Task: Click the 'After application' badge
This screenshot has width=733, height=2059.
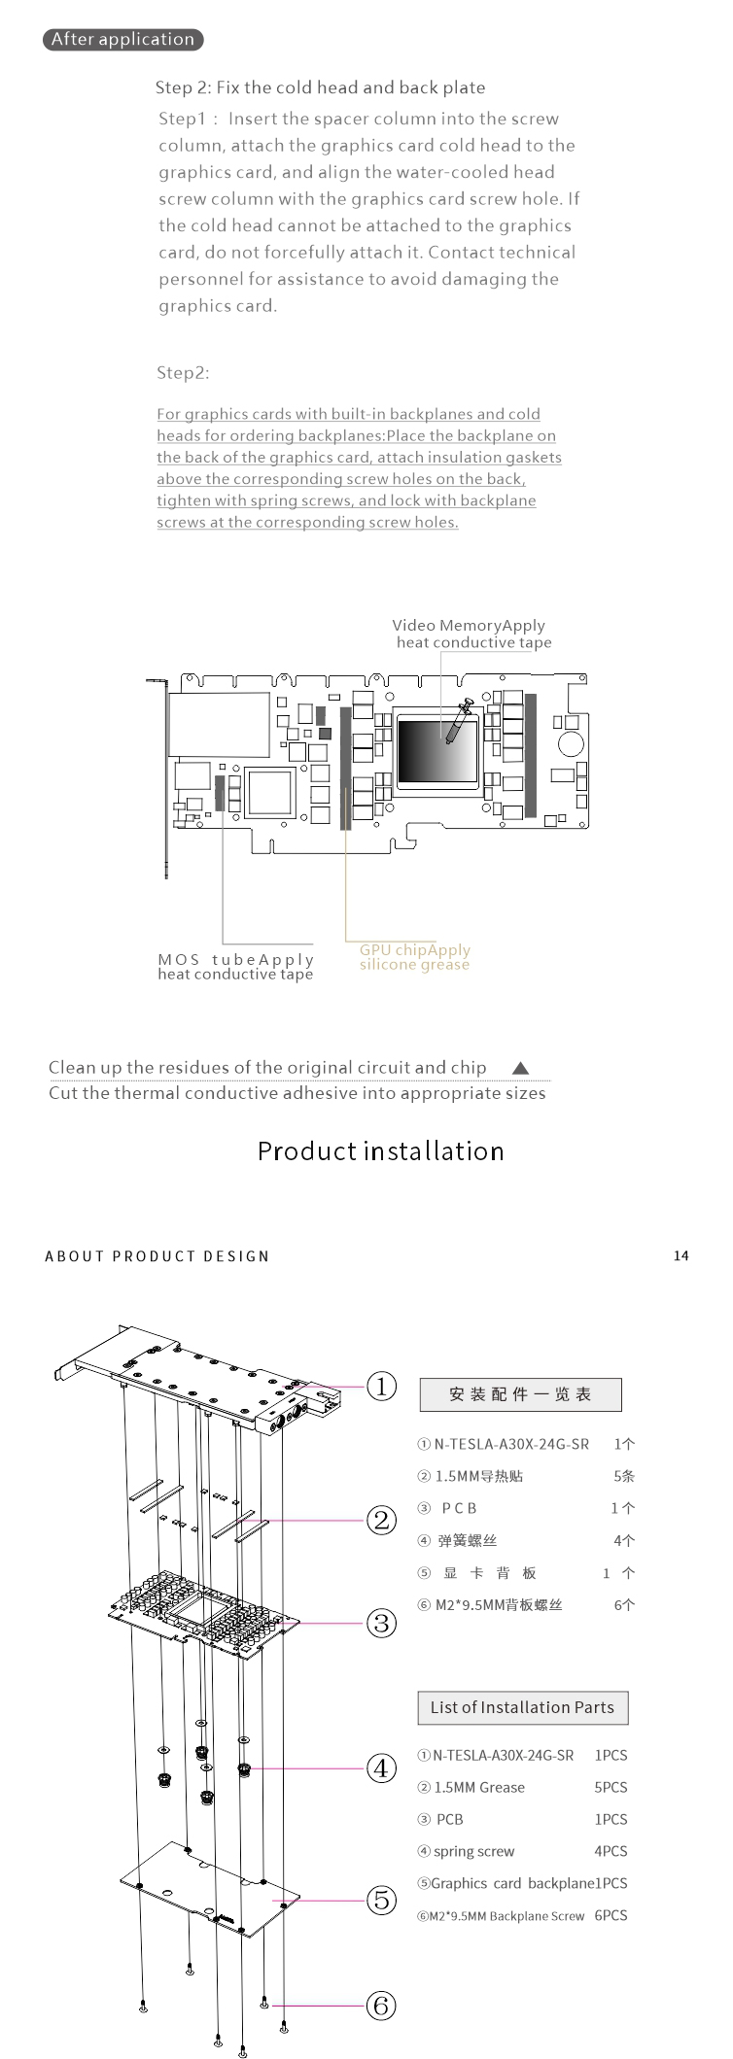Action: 122,40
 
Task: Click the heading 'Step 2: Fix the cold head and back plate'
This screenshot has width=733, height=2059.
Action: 320,87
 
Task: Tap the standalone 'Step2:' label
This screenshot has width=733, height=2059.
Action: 183,373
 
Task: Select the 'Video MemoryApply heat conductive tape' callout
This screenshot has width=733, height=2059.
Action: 471,634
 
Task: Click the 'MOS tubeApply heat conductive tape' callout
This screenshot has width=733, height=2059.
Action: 235,967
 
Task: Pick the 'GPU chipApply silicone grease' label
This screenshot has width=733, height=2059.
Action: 414,957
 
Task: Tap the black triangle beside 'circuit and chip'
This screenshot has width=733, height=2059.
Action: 520,1068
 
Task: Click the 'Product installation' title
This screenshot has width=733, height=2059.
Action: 380,1151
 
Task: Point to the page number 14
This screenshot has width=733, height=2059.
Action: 681,1256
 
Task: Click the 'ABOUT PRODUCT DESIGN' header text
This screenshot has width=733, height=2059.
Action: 157,1256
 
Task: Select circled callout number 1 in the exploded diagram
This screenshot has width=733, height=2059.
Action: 381,1386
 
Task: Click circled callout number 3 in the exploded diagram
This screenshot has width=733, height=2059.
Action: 381,1623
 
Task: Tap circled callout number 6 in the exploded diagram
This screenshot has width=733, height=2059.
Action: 381,2005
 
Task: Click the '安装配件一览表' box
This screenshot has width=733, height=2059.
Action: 520,1394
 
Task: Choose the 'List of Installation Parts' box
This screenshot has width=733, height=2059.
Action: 522,1707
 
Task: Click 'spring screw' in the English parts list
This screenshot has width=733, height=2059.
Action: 473,1851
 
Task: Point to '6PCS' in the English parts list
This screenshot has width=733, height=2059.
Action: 611,1915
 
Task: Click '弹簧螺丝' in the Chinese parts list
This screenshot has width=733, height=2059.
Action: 467,1540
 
